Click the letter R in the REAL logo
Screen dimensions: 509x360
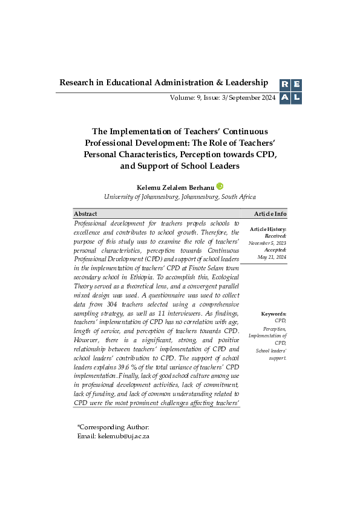point(284,86)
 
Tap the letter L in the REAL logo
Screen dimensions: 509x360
point(296,98)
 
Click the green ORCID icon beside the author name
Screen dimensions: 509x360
point(220,186)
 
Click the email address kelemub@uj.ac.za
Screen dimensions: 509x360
point(123,436)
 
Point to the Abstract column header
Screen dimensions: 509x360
point(85,214)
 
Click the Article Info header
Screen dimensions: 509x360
point(270,214)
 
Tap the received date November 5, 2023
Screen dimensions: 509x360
point(267,243)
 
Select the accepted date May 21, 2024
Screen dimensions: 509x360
point(272,257)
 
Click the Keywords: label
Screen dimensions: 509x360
point(274,314)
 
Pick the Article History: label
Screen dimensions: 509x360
point(268,229)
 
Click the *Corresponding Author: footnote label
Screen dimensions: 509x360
point(109,427)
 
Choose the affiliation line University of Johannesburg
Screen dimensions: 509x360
point(180,197)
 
